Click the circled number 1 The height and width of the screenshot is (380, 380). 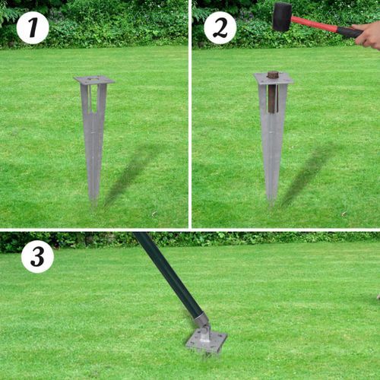[x=32, y=28]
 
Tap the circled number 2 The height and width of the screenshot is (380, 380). [x=220, y=28]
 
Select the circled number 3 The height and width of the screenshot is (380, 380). [x=37, y=257]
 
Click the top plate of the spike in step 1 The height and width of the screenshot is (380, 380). [x=94, y=80]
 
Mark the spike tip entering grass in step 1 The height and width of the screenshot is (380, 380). [x=93, y=198]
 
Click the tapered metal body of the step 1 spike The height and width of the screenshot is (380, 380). [x=93, y=144]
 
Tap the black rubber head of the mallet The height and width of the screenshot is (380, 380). [x=282, y=16]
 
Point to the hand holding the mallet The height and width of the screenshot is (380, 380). [x=369, y=35]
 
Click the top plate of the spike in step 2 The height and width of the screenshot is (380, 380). [x=273, y=78]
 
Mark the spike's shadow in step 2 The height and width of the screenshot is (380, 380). [x=308, y=175]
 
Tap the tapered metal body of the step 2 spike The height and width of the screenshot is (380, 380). [x=272, y=152]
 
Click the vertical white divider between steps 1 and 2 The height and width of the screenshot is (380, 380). [x=190, y=114]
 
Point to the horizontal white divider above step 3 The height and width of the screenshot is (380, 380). [x=190, y=230]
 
